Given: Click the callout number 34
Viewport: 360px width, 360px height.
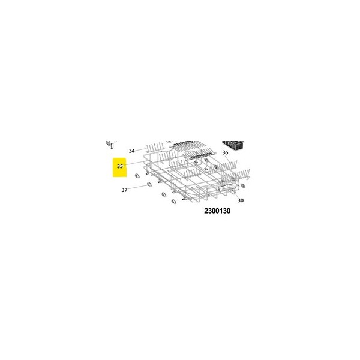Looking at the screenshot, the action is (131, 151).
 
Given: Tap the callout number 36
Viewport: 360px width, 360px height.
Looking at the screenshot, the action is (225, 152).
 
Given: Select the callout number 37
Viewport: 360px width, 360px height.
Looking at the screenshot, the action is (124, 190).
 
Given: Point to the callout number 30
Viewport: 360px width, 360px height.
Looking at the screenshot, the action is (241, 200).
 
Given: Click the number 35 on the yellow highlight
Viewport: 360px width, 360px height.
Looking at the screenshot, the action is (120, 166).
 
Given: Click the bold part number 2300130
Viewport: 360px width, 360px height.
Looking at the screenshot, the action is (217, 211).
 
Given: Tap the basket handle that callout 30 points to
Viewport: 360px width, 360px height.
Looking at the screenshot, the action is (228, 188).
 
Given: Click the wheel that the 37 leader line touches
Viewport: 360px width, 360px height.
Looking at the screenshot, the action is (149, 185).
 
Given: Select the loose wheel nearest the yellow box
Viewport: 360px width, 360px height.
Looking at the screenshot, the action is (137, 176).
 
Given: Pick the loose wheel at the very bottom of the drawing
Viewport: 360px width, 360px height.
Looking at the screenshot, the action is (174, 202).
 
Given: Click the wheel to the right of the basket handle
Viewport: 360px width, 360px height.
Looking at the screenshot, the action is (243, 185).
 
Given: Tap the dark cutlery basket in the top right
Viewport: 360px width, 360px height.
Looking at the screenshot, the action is (233, 145).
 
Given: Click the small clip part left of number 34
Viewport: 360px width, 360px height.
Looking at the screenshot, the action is (110, 145).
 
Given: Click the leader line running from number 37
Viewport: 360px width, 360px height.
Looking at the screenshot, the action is (137, 187).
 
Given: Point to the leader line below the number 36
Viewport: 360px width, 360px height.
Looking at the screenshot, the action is (227, 158).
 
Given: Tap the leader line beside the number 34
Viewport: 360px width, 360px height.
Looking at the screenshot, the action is (141, 149).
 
